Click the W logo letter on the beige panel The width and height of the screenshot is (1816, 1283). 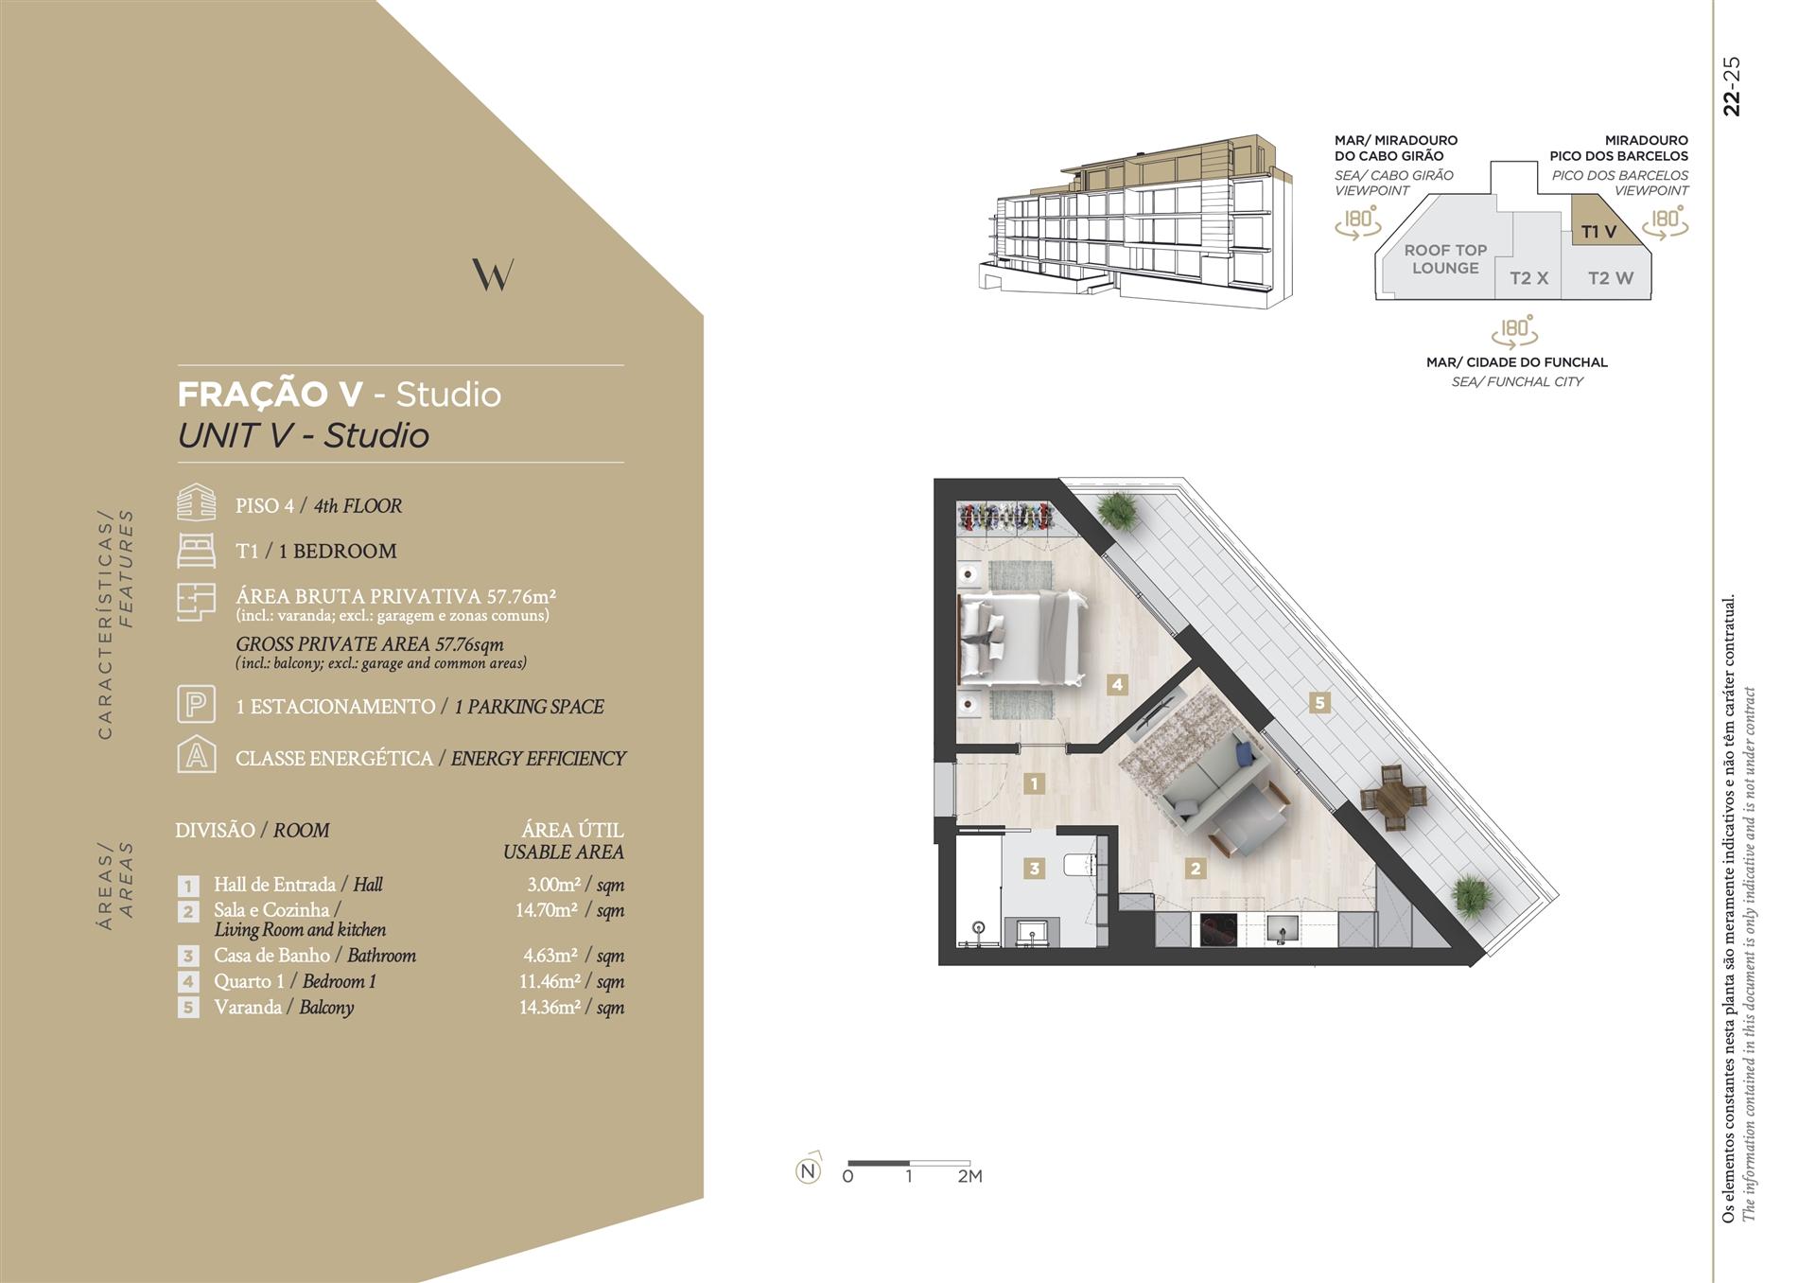pyautogui.click(x=493, y=274)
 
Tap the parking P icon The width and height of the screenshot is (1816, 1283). pyautogui.click(x=196, y=705)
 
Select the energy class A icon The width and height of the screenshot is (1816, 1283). pyautogui.click(x=196, y=755)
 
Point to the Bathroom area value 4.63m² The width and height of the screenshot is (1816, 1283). pyautogui.click(x=551, y=956)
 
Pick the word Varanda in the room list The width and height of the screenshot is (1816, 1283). pyautogui.click(x=248, y=1007)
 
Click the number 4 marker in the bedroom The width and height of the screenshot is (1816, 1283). pyautogui.click(x=1117, y=684)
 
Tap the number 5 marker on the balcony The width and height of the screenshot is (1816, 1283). pyautogui.click(x=1319, y=702)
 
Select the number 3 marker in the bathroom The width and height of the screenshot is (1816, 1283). pyautogui.click(x=1035, y=868)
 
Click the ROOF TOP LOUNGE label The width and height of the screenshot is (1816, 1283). pyautogui.click(x=1445, y=259)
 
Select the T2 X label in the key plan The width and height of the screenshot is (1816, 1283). pyautogui.click(x=1528, y=278)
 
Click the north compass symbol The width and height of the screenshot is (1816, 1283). pyautogui.click(x=808, y=1170)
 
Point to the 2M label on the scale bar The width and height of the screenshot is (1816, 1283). pyautogui.click(x=969, y=1177)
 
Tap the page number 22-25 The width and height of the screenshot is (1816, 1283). pyautogui.click(x=1732, y=86)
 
